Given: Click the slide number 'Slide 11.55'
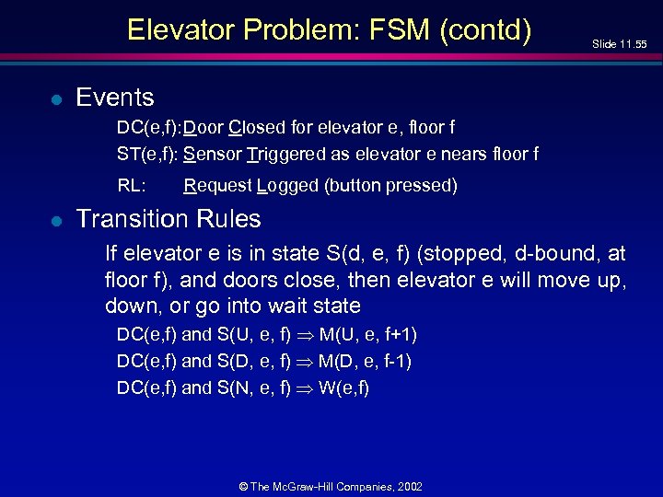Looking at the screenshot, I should pyautogui.click(x=619, y=44).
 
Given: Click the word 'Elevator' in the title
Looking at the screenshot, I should pyautogui.click(x=180, y=30).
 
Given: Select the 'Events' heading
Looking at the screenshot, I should pyautogui.click(x=114, y=97).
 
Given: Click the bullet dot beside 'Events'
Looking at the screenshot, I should pyautogui.click(x=56, y=98).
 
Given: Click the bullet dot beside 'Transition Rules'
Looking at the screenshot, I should pyautogui.click(x=56, y=220).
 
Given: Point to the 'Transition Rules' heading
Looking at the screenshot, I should pyautogui.click(x=168, y=219).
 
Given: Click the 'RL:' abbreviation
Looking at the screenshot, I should pyautogui.click(x=131, y=186).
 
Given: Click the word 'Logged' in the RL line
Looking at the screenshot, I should pyautogui.click(x=288, y=186).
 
